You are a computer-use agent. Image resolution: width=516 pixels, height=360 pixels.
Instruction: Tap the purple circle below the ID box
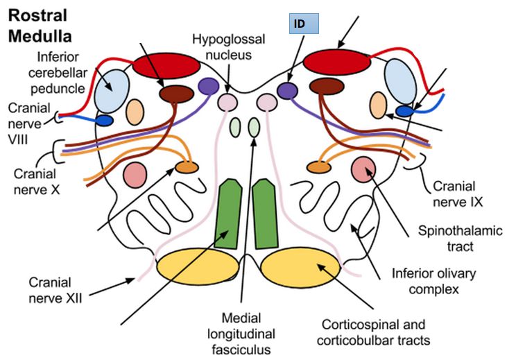pos(286,90)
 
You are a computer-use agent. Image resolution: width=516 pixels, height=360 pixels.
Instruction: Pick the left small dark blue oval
pos(103,121)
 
